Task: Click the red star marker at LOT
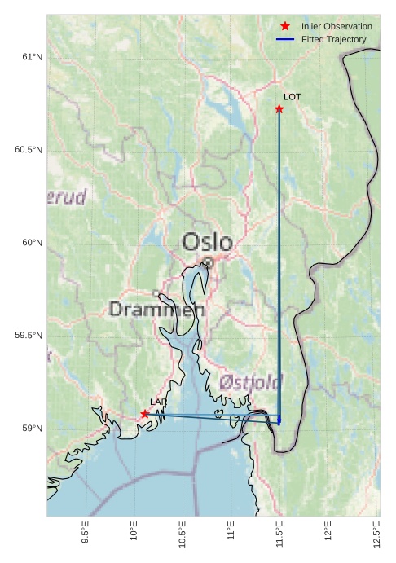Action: (x=279, y=109)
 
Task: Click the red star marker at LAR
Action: (x=145, y=414)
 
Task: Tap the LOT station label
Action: (x=293, y=97)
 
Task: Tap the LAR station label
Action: (x=158, y=402)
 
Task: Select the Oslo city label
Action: (x=207, y=242)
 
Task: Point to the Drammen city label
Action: (x=156, y=310)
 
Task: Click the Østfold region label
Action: (x=250, y=382)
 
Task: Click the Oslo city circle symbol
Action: (x=209, y=262)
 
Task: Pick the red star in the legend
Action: (x=285, y=26)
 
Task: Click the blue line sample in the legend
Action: (x=285, y=39)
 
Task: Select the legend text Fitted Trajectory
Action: (x=334, y=39)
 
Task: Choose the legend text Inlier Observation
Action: (x=337, y=26)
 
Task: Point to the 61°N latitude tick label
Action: (x=31, y=57)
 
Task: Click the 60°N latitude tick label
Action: (x=31, y=243)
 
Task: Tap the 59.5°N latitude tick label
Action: (x=28, y=336)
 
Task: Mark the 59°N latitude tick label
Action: (x=31, y=429)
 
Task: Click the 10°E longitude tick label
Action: (x=134, y=532)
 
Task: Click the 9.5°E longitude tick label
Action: (x=86, y=532)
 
